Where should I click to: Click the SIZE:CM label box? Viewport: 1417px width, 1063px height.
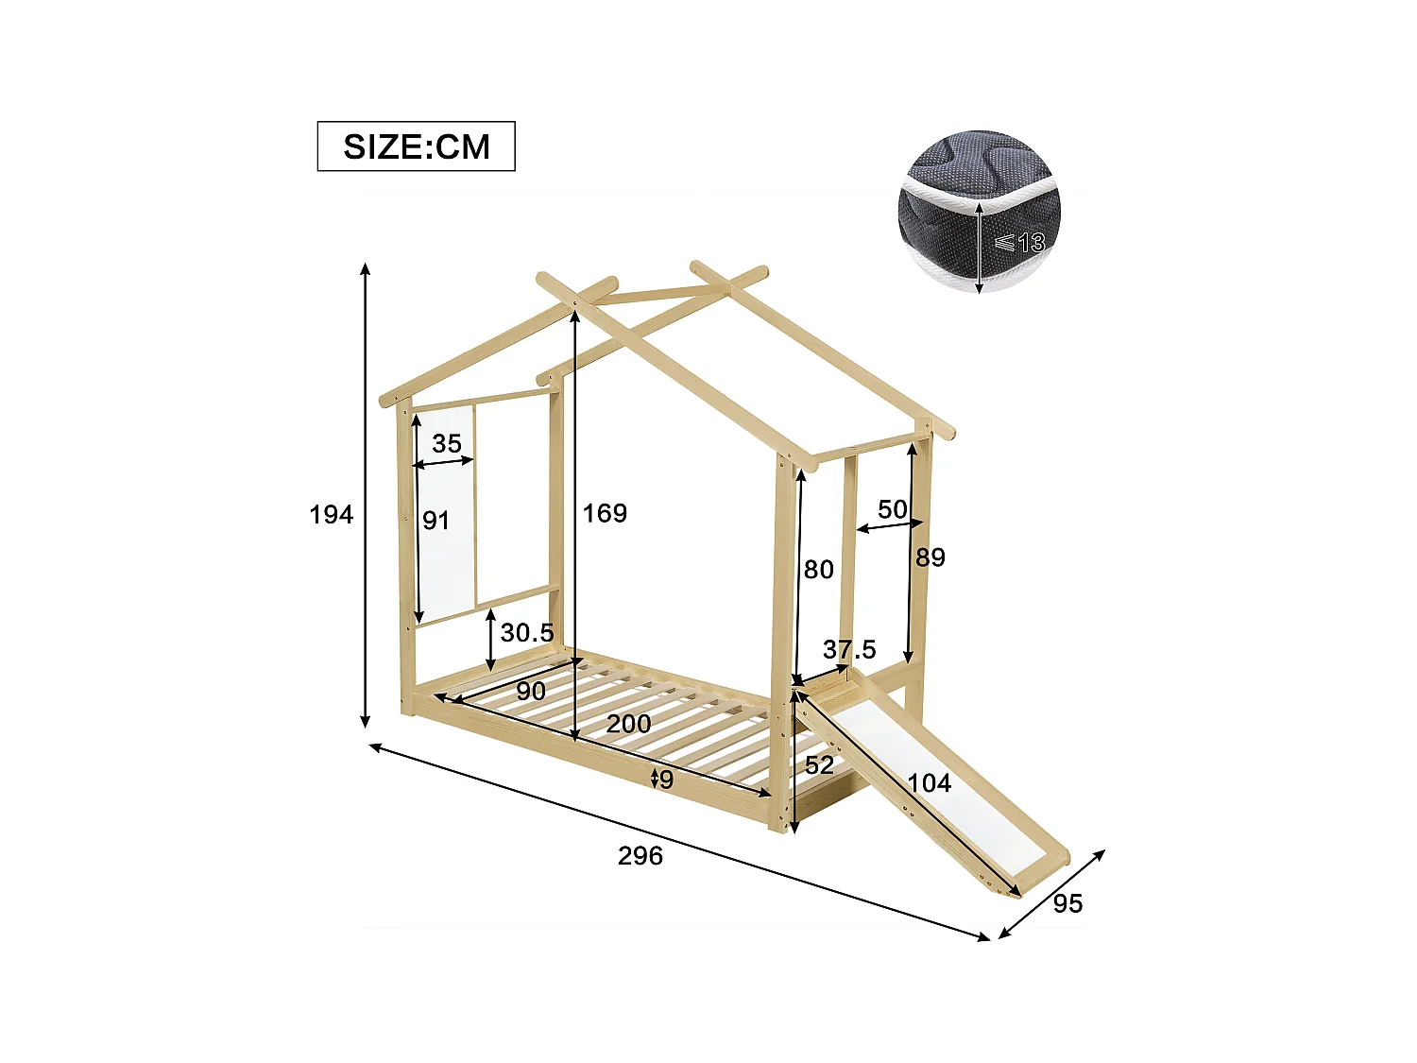point(416,146)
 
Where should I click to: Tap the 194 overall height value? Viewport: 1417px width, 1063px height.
point(331,514)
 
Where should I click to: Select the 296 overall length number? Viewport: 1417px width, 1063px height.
point(640,855)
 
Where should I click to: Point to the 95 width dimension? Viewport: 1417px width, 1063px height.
point(1067,903)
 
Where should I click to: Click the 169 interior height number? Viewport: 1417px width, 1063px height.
point(605,513)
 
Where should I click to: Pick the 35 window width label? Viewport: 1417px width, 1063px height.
point(447,443)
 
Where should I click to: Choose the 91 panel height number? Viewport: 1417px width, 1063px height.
point(435,520)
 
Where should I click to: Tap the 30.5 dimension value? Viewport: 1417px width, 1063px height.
point(526,632)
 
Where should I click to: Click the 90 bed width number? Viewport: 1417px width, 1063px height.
point(531,691)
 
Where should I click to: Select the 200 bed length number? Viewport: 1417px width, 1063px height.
point(628,724)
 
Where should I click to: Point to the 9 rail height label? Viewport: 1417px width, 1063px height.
point(667,780)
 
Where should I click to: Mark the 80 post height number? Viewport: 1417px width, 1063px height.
point(818,569)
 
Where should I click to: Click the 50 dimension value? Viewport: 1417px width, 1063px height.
point(892,509)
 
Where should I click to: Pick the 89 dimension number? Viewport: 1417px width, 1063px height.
point(930,557)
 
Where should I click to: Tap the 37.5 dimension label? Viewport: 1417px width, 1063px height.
point(848,649)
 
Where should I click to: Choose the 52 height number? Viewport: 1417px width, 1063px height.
point(819,764)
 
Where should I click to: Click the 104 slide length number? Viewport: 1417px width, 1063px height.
point(930,782)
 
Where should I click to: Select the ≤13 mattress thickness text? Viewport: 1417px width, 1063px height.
point(1019,243)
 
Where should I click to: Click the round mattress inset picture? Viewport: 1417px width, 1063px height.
point(979,212)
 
